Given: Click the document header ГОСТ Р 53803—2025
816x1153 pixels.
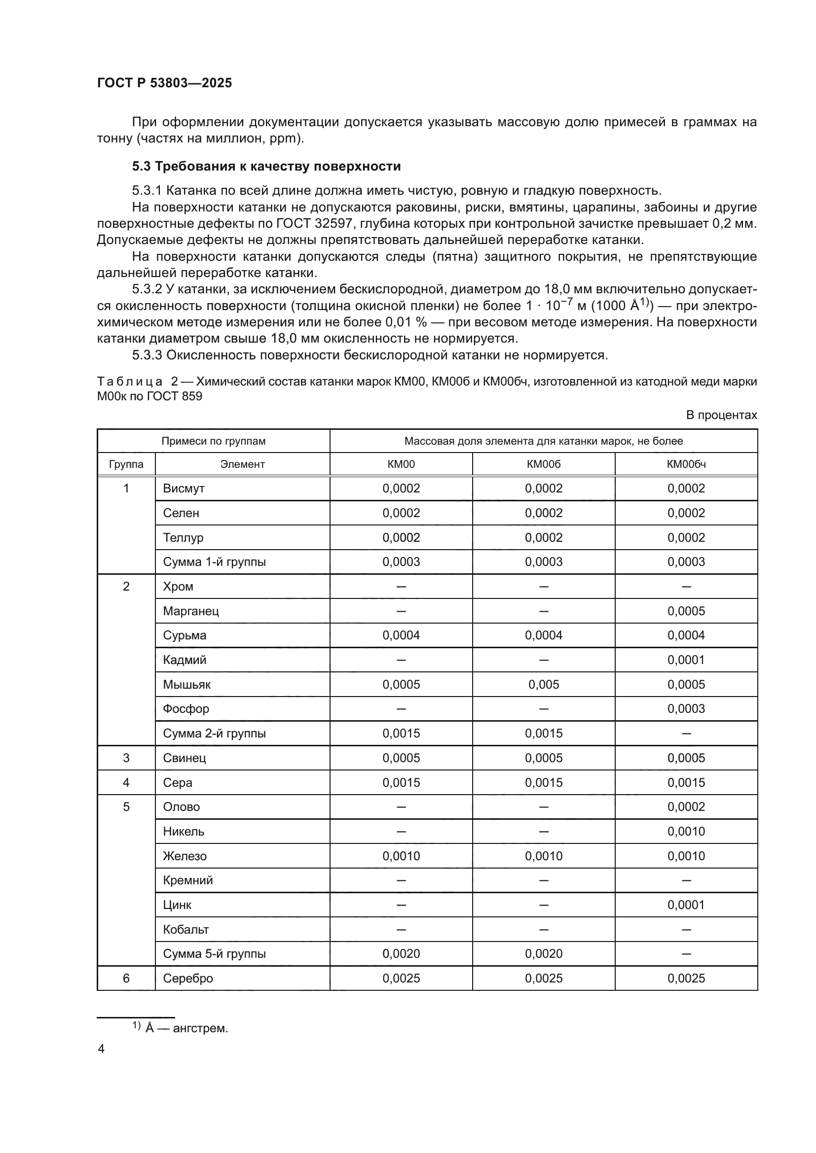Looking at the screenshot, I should pyautogui.click(x=164, y=83).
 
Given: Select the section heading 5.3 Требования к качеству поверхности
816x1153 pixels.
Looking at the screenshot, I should pyautogui.click(x=266, y=166).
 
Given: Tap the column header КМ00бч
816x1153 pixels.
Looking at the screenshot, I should pyautogui.click(x=686, y=464).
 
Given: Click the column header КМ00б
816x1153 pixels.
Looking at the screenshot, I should pyautogui.click(x=543, y=464).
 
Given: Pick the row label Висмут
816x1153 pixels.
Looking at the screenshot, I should pyautogui.click(x=184, y=488).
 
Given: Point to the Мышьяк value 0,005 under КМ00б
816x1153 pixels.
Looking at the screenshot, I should pyautogui.click(x=543, y=685).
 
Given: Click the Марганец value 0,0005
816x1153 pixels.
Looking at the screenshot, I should pyautogui.click(x=686, y=611).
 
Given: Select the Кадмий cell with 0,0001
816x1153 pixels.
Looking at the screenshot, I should pyautogui.click(x=686, y=660).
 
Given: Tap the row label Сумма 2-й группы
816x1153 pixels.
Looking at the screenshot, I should pyautogui.click(x=215, y=733).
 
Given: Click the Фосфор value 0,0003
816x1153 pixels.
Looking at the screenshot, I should pyautogui.click(x=686, y=708).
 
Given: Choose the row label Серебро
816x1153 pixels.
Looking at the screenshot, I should pyautogui.click(x=188, y=978).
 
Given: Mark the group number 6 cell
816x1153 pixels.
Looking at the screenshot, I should pyautogui.click(x=126, y=978).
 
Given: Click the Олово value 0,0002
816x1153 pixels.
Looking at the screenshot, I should pyautogui.click(x=686, y=807).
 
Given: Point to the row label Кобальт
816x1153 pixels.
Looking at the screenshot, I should pyautogui.click(x=186, y=930).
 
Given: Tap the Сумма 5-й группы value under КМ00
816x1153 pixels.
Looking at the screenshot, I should pyautogui.click(x=401, y=954).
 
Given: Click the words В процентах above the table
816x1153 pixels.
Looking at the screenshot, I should pyautogui.click(x=721, y=415).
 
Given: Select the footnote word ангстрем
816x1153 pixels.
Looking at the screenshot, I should pyautogui.click(x=200, y=1028).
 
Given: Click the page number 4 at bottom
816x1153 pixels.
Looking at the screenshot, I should pyautogui.click(x=101, y=1049).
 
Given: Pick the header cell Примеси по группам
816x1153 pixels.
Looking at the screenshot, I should pyautogui.click(x=214, y=441).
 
